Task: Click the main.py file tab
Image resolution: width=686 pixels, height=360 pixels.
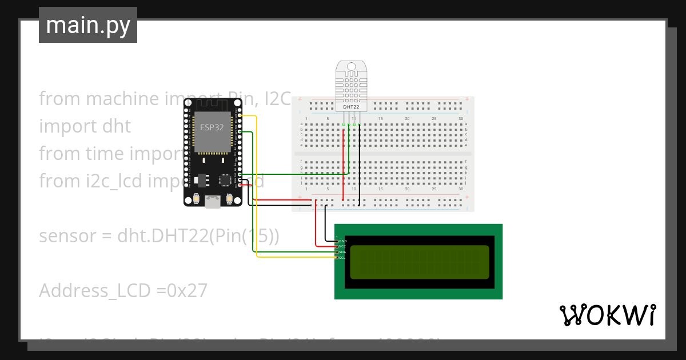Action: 88,25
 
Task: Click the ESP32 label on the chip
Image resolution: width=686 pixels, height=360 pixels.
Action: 212,127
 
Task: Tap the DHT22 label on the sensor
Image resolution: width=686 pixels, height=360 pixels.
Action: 350,107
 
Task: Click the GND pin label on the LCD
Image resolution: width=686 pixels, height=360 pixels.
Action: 343,242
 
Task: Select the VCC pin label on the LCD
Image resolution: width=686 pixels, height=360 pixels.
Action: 343,247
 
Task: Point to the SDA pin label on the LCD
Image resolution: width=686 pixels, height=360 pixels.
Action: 343,252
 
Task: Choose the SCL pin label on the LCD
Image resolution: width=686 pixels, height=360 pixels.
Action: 343,258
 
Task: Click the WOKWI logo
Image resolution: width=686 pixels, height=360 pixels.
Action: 607,315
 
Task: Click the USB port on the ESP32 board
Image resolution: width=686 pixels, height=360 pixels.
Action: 213,201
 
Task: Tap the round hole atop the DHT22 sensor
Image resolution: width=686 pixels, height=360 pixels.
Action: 350,67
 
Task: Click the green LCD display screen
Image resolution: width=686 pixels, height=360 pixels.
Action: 419,262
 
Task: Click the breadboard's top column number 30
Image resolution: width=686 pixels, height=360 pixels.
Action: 461,118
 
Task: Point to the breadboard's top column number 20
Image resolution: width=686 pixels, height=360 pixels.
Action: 407,118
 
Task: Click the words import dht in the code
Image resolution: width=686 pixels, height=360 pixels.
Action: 85,126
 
